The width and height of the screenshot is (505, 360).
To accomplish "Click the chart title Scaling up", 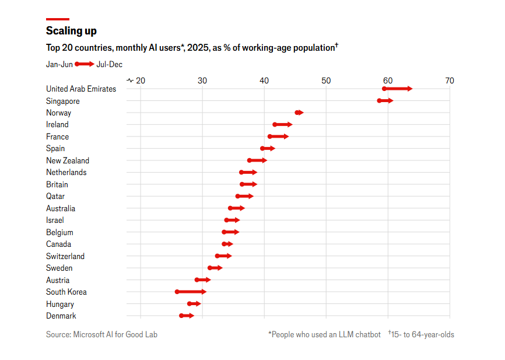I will coord(71,31).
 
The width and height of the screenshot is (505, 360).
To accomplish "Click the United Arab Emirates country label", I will coord(81,89).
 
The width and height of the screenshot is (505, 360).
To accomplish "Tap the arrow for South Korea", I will coord(191,292).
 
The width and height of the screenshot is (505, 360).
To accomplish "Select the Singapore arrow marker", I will coord(386,101).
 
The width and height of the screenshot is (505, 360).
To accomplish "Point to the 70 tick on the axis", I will coord(449,80).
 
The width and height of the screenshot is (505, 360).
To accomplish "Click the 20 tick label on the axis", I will coord(140,80).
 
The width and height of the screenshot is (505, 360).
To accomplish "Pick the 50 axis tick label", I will coord(325,80).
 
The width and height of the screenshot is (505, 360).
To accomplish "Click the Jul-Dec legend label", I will coord(109,64).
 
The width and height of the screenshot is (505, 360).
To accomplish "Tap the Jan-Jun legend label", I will coord(59,64).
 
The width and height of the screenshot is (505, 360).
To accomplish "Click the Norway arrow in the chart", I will coord(299,113).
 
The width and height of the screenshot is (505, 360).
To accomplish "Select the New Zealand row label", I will coord(68,160).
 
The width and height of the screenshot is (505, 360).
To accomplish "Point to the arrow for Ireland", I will coord(283,124).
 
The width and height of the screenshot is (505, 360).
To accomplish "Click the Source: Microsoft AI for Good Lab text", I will coord(101,334).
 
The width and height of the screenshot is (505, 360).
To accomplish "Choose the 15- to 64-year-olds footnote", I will coord(421,334).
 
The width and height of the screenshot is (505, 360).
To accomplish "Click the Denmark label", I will coord(61,316).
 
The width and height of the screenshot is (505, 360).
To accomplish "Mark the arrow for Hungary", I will coord(194,303).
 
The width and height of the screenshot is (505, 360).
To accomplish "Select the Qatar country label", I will coord(55,196).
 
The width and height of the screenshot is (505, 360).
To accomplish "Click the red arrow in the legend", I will coord(85,64).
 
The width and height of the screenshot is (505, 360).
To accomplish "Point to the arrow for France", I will coord(279,137).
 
